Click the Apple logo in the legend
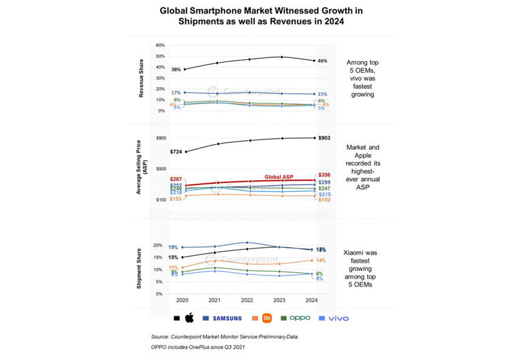(189, 318)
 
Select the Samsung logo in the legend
(227, 318)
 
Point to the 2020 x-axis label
(183, 300)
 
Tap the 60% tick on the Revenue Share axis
(160, 46)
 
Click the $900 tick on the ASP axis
(161, 138)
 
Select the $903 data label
(325, 138)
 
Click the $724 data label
(176, 152)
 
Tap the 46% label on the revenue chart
(322, 61)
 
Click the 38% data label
(176, 69)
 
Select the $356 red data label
(325, 175)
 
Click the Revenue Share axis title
(141, 78)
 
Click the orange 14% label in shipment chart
(321, 260)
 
